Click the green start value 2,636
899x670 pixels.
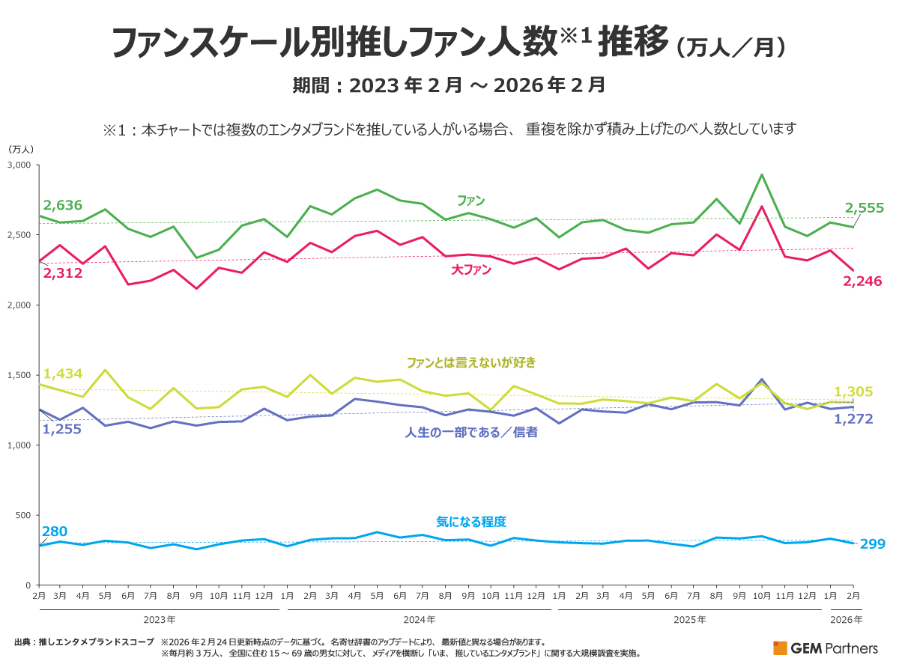pos(63,205)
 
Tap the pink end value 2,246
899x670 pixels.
pos(862,281)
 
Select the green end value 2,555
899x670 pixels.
pos(865,208)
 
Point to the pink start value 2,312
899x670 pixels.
pos(63,273)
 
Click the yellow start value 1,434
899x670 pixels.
pos(63,374)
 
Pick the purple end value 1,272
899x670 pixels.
pos(853,418)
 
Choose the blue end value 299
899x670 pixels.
pos(872,543)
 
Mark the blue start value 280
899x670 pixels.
pos(55,532)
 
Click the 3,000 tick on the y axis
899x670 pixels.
pos(19,165)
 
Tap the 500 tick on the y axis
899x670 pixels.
pos(23,515)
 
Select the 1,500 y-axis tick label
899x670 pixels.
pos(19,375)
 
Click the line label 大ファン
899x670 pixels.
pos(471,271)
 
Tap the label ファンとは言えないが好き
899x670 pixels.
pos(471,362)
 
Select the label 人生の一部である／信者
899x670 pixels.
pos(471,432)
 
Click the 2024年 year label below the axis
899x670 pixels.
pos(420,620)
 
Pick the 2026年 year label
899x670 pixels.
pos(847,620)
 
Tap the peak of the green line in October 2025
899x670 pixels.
pos(762,175)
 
